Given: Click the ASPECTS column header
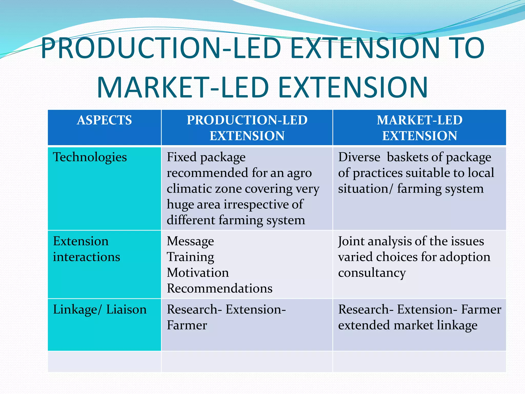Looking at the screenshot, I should (x=104, y=120).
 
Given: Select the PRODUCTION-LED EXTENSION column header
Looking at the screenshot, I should (x=247, y=127).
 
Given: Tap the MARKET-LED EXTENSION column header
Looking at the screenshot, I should (x=419, y=127).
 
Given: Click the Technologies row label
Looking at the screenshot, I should (x=90, y=157).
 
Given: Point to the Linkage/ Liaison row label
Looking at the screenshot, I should (x=100, y=309).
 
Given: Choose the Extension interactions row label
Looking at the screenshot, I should (x=86, y=249).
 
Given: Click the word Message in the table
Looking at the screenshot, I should (x=190, y=241).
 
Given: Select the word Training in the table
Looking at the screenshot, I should (x=190, y=257).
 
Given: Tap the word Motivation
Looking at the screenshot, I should (x=198, y=273).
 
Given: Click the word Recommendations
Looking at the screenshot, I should (x=219, y=288).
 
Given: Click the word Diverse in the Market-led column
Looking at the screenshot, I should (x=359, y=157).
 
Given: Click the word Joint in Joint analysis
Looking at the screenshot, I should (x=351, y=241).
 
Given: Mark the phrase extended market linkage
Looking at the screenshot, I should (x=408, y=325).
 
